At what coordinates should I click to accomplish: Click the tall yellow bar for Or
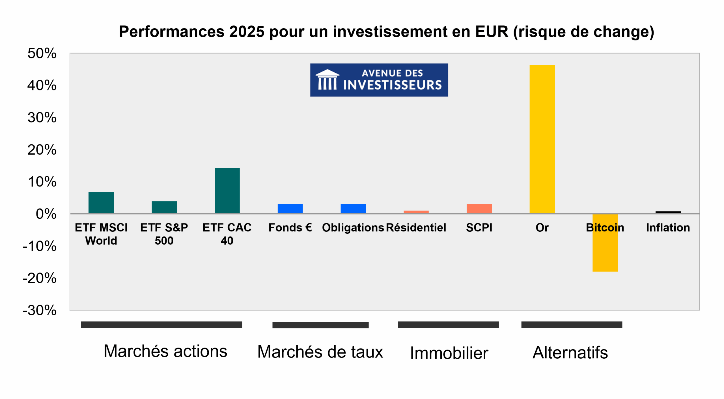(x=542, y=139)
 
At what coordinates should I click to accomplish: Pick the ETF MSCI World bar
(x=101, y=202)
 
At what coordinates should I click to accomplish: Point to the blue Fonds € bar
(x=290, y=208)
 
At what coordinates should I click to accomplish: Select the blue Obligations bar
(x=353, y=208)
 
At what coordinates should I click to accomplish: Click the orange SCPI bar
(x=479, y=208)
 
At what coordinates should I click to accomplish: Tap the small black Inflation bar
(x=668, y=212)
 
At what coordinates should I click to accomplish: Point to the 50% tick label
(x=42, y=53)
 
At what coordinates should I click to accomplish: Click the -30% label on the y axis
(x=40, y=310)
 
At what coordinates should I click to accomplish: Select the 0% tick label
(x=46, y=214)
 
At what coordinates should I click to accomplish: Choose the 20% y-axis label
(x=42, y=149)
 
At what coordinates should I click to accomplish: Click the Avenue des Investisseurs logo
(x=379, y=80)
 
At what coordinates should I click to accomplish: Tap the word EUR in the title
(x=491, y=31)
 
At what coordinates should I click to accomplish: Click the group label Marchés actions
(x=165, y=351)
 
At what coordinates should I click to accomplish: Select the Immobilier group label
(x=449, y=353)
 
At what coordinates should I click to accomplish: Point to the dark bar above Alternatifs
(x=571, y=324)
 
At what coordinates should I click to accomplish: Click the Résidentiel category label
(x=416, y=227)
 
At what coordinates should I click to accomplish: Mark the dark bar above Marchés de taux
(x=320, y=325)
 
